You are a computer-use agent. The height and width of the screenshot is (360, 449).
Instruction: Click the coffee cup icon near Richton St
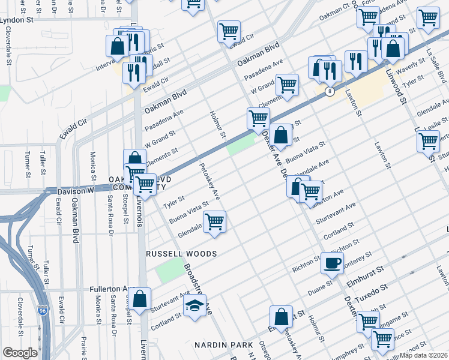[x=332, y=262]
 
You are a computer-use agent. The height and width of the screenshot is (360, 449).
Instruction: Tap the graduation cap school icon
[x=195, y=307]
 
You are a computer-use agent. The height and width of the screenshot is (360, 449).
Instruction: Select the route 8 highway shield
[x=330, y=92]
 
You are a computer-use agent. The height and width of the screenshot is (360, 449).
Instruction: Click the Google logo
[x=20, y=352]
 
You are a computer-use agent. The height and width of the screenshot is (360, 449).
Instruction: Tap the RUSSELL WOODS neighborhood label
[x=182, y=254]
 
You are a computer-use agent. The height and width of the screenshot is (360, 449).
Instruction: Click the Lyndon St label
[x=16, y=19]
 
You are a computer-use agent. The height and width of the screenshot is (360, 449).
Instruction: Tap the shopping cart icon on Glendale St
[x=214, y=221]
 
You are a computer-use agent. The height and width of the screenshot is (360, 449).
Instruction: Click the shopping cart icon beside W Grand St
[x=288, y=85]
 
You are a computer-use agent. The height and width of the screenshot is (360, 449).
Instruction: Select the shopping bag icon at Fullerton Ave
[x=140, y=299]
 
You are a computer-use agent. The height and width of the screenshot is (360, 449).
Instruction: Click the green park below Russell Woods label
[x=169, y=273]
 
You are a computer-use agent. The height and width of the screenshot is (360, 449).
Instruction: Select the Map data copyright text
[x=425, y=355]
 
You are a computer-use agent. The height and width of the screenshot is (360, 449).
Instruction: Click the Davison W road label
[x=75, y=191]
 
